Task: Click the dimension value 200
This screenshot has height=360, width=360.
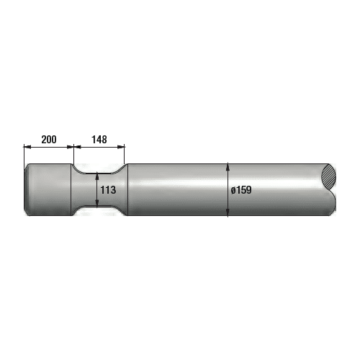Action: point(49,139)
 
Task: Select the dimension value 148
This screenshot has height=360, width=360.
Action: point(99,139)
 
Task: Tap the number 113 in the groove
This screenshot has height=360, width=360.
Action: point(108,190)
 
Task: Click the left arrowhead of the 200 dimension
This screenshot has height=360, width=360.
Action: point(27,147)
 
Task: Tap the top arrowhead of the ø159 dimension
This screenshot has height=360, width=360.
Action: point(228,165)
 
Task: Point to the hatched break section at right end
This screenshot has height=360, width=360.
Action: point(330,174)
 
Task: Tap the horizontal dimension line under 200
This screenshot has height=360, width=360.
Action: point(49,147)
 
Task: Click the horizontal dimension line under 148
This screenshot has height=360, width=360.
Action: point(99,147)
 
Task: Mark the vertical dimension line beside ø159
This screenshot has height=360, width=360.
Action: point(228,180)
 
